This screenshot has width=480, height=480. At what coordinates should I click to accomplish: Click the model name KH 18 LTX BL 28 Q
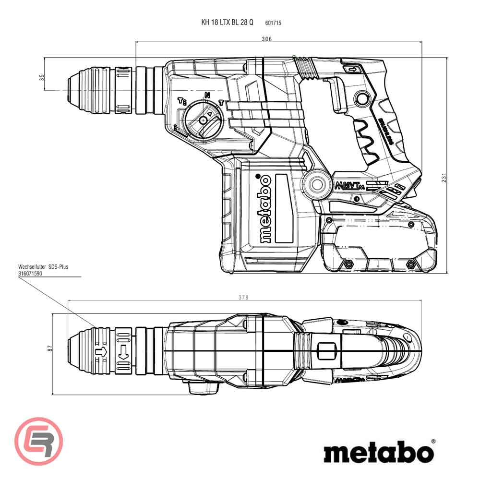click(x=227, y=22)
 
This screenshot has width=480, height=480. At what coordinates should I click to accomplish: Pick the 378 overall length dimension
click(x=244, y=298)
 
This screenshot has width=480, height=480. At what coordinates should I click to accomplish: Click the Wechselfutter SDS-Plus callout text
click(x=43, y=266)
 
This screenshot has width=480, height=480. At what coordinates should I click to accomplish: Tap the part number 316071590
click(x=31, y=272)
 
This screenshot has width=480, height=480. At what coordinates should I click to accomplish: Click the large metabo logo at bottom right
click(x=379, y=452)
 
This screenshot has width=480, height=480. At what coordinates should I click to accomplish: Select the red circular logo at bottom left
click(x=39, y=442)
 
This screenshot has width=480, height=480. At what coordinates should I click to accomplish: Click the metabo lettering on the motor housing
click(x=264, y=208)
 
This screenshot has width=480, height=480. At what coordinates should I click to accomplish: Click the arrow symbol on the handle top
click(x=352, y=71)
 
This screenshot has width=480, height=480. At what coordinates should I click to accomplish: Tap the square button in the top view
click(x=326, y=350)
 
